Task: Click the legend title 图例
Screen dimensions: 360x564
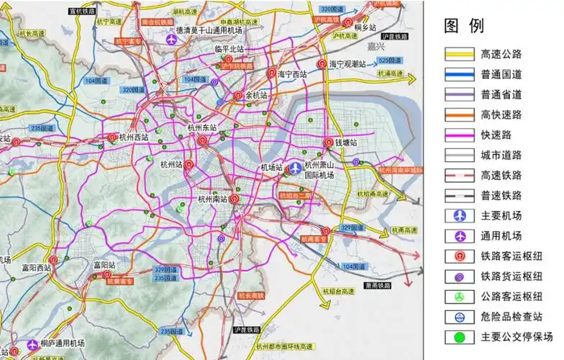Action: pyautogui.click(x=464, y=27)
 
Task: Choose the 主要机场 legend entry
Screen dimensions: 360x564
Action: pyautogui.click(x=502, y=215)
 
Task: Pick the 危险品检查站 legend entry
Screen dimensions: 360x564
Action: pyautogui.click(x=511, y=316)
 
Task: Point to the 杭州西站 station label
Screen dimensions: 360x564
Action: pyautogui.click(x=134, y=137)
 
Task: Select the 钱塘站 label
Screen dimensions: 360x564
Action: pyautogui.click(x=346, y=143)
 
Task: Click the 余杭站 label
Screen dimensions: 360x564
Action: pyautogui.click(x=256, y=95)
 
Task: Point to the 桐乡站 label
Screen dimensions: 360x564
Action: pyautogui.click(x=365, y=27)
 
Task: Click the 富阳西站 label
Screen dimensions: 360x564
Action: pyautogui.click(x=37, y=267)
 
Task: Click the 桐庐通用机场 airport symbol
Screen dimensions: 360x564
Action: pyautogui.click(x=32, y=346)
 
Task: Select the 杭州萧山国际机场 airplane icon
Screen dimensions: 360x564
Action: pyautogui.click(x=294, y=168)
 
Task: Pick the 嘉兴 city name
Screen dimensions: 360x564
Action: pyautogui.click(x=374, y=46)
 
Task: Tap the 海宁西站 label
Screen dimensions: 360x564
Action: pyautogui.click(x=293, y=73)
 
